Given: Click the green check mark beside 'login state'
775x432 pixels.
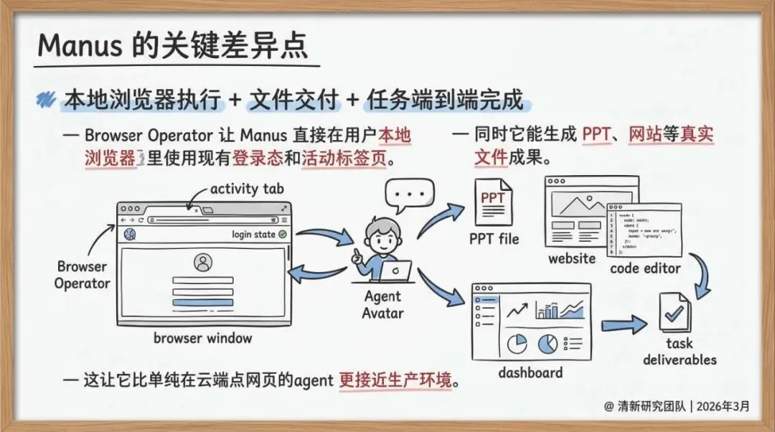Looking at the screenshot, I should (x=282, y=235).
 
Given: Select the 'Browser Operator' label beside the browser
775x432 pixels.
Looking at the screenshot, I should (x=83, y=275).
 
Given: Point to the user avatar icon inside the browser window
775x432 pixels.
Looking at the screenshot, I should (x=203, y=263).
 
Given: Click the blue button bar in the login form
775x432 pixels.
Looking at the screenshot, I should (x=203, y=302).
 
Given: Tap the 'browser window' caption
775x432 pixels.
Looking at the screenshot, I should (x=203, y=337).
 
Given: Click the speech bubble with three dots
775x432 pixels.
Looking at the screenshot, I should (x=410, y=194).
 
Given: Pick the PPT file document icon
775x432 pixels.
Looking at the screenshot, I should (x=493, y=203).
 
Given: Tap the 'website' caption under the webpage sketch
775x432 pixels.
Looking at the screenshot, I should (x=572, y=258).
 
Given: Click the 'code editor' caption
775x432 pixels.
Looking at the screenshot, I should (x=645, y=268).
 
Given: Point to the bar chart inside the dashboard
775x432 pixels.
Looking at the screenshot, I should (x=548, y=311).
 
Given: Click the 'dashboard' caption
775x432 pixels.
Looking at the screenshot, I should (x=530, y=372).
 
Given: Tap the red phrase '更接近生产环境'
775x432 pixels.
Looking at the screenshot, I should (x=396, y=380).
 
